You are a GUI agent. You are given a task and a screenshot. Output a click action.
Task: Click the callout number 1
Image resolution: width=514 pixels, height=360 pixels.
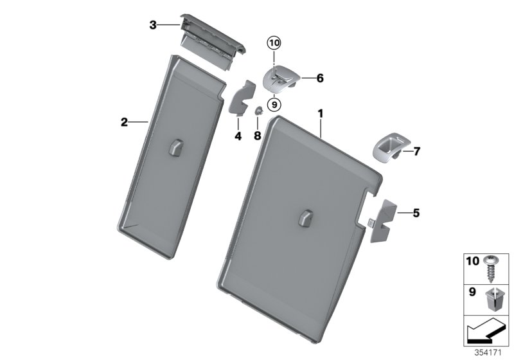tap(319, 114)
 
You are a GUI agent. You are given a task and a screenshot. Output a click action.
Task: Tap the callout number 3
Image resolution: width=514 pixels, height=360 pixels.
tap(153, 25)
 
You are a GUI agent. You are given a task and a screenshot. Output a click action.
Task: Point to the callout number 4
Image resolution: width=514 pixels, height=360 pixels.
tap(237, 136)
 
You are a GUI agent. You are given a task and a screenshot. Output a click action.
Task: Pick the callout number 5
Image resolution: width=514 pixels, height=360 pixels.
tap(416, 212)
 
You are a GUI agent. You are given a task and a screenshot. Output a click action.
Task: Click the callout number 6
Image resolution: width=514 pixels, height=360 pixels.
tap(319, 78)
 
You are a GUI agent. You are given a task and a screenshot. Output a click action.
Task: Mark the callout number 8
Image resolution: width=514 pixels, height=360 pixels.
tap(257, 136)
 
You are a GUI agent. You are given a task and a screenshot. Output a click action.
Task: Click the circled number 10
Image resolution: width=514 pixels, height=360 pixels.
tap(274, 44)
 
